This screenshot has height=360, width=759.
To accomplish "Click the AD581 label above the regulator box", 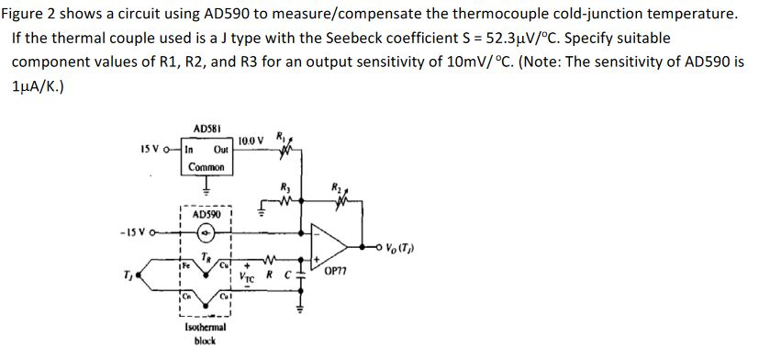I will click(x=206, y=129).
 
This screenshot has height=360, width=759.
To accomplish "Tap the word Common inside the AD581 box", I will click(x=205, y=167).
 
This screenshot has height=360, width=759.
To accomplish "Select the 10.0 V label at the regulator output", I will click(x=251, y=141).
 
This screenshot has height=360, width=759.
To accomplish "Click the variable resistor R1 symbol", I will click(x=285, y=148).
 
